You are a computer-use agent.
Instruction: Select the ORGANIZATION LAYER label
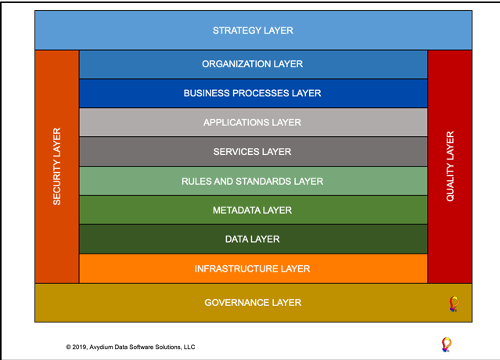(x=252, y=64)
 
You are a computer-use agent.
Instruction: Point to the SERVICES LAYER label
(x=252, y=152)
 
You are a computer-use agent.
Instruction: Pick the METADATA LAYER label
(x=252, y=211)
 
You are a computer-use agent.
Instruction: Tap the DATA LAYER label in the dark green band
(x=252, y=239)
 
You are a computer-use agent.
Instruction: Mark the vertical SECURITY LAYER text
(x=57, y=167)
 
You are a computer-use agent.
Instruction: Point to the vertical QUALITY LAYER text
(x=450, y=167)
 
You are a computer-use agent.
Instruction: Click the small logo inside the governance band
(x=454, y=304)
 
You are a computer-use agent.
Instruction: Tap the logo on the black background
(x=447, y=344)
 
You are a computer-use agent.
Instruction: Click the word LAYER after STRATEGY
(x=279, y=31)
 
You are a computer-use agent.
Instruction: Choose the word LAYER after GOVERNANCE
(x=287, y=303)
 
